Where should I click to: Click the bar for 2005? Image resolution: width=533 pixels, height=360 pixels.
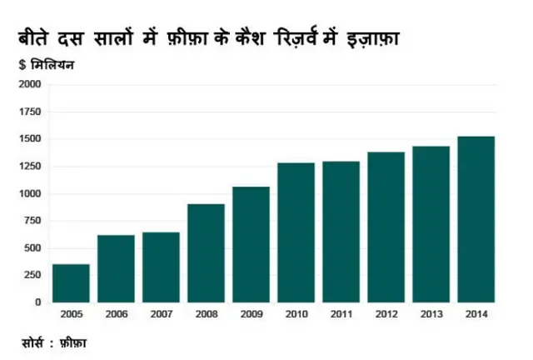click(71, 283)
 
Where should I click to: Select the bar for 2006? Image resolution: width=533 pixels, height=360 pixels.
click(116, 268)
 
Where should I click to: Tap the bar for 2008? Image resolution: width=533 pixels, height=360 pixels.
click(206, 252)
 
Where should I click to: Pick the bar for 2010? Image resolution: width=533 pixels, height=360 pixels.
click(296, 232)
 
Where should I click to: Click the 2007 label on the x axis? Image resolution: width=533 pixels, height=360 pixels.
click(161, 314)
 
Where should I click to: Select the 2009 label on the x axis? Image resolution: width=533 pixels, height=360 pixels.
click(251, 314)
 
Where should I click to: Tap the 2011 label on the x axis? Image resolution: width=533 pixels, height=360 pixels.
click(341, 314)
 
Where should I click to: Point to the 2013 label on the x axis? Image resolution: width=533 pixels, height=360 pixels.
click(431, 314)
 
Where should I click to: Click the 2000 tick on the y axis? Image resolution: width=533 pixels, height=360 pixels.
click(30, 85)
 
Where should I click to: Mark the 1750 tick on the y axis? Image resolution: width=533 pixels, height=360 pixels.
click(30, 112)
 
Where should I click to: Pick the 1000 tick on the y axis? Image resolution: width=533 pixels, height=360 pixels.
click(30, 194)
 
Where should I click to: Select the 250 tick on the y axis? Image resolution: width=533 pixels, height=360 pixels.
click(32, 276)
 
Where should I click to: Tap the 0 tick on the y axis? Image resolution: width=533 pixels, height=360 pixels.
click(38, 302)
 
